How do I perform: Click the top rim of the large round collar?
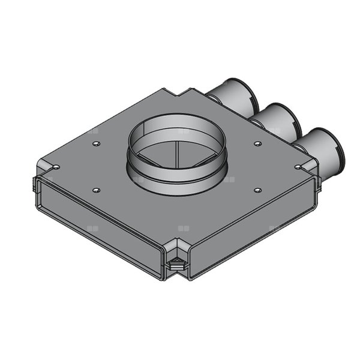coord(176,115)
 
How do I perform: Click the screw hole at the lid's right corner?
coord(298,167)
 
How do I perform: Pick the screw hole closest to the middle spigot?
coord(257,143)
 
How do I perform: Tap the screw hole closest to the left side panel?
coord(96,190)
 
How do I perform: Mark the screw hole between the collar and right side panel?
coord(257,190)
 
